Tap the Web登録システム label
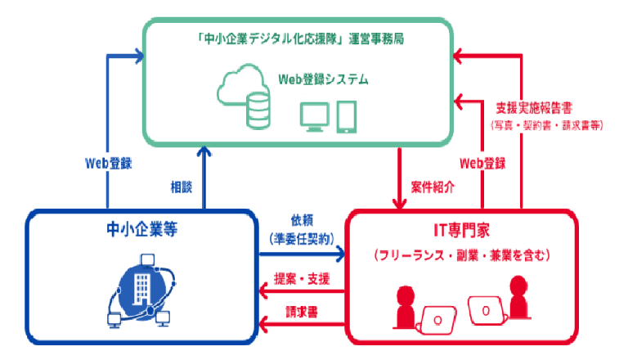point(322,80)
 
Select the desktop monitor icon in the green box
point(314,117)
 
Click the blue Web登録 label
point(109,162)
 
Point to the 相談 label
point(181,186)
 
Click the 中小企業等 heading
point(143,231)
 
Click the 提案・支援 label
point(302,280)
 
